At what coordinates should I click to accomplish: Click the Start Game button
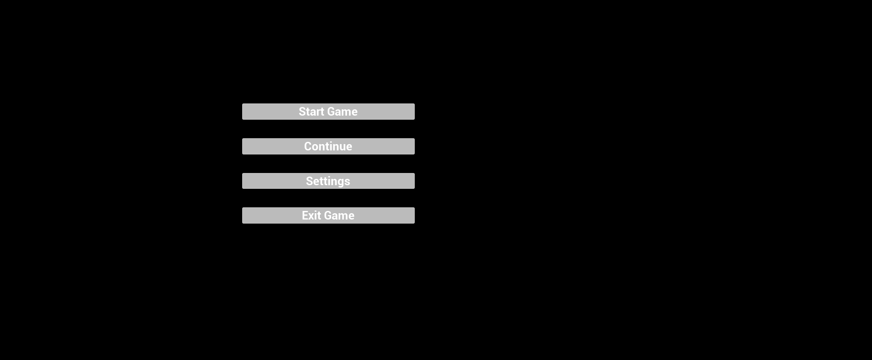pos(328,112)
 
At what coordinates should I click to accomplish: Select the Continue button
pos(328,146)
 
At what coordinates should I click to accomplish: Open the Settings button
pos(328,181)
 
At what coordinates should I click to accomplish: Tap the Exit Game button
pos(328,215)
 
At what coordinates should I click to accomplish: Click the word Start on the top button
pos(311,112)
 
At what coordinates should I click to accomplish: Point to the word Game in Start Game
pos(342,112)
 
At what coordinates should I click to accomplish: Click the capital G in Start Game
pos(332,112)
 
